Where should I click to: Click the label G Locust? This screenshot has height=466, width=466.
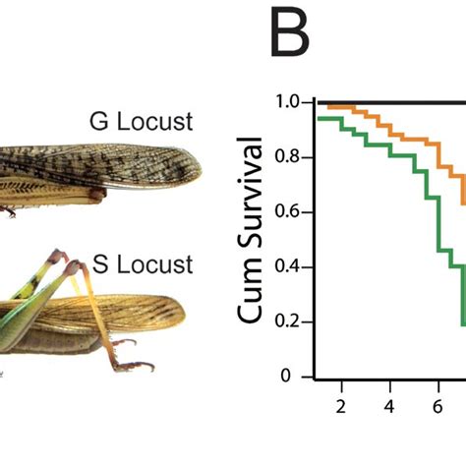coord(141,123)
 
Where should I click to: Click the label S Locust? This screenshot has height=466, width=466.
coord(143,263)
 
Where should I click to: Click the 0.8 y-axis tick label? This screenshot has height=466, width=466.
coord(287,157)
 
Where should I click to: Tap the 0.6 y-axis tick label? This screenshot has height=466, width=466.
coord(287,212)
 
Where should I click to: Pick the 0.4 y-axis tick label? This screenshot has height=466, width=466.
coord(287,267)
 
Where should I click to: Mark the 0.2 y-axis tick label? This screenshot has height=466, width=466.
coord(287,322)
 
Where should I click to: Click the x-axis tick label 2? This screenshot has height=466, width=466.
coord(339,406)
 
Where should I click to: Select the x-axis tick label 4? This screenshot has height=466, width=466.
coord(389,406)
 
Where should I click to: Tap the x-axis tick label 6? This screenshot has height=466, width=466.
coord(439,406)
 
